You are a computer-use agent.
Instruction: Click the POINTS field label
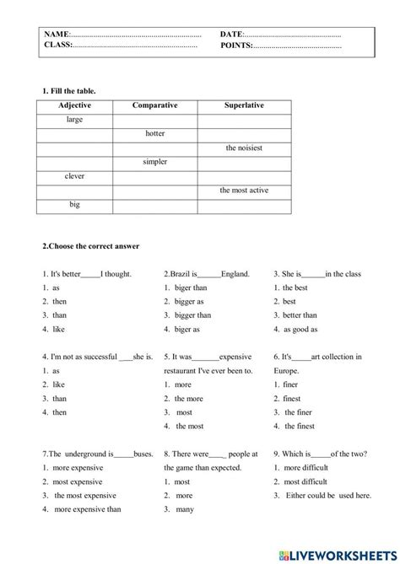(236, 46)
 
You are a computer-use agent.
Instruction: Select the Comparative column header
(155, 105)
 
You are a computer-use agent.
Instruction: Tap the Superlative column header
(244, 105)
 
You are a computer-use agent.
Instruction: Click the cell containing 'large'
(74, 120)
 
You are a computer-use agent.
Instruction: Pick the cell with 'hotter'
(155, 133)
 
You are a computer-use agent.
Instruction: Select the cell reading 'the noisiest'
(244, 148)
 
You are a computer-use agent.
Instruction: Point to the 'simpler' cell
(155, 162)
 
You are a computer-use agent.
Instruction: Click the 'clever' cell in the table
(74, 176)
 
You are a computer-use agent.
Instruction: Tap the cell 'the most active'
(244, 191)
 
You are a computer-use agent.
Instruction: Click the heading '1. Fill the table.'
(68, 89)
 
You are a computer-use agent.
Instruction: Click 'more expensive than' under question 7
(88, 508)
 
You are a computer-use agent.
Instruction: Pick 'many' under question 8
(185, 508)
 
